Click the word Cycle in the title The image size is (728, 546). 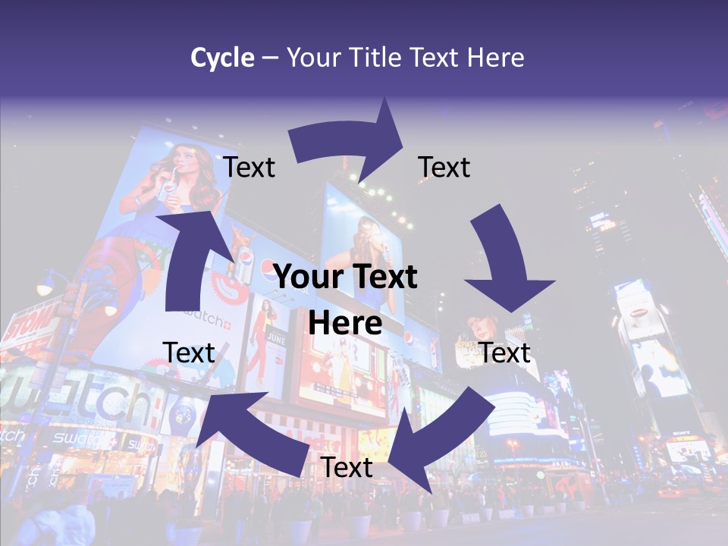point(222,57)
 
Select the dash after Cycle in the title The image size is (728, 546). point(270,58)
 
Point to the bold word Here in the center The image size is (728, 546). point(345,323)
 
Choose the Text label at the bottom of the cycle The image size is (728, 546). point(347,468)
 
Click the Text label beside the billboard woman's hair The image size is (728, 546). point(249,167)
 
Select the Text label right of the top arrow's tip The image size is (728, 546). point(444,167)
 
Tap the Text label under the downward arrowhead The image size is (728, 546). point(504,353)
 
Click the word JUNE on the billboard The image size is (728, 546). point(278,340)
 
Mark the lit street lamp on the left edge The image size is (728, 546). point(43,287)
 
